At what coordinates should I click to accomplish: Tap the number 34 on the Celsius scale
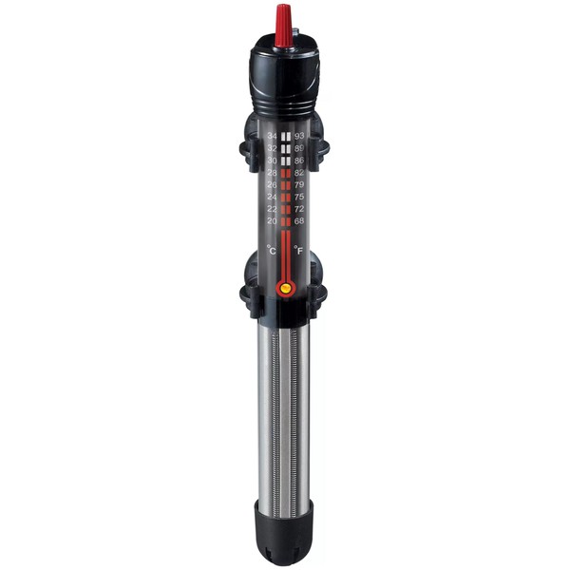(x=272, y=136)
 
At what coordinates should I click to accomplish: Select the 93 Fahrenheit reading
(x=299, y=136)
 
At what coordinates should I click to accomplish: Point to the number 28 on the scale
(x=272, y=173)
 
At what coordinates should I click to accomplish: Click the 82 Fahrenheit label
(x=299, y=173)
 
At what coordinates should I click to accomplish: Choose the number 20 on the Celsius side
(x=272, y=221)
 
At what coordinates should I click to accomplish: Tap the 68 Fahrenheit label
(x=299, y=221)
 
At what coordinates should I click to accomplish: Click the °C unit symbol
(x=271, y=250)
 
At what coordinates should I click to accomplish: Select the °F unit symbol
(x=298, y=250)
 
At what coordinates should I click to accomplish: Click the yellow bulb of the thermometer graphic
(x=286, y=290)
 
